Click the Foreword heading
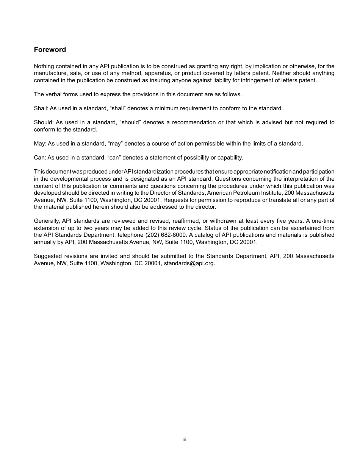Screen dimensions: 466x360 tap(50, 50)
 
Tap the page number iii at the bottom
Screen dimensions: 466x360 tap(184, 439)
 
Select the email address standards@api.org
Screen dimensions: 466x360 tap(189, 263)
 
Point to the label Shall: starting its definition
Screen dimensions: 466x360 tap(41, 108)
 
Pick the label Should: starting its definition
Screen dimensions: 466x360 tap(43, 122)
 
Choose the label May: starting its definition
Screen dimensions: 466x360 tap(40, 144)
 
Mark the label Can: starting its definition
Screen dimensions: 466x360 tap(40, 158)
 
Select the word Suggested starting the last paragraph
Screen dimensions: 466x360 tap(47, 256)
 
